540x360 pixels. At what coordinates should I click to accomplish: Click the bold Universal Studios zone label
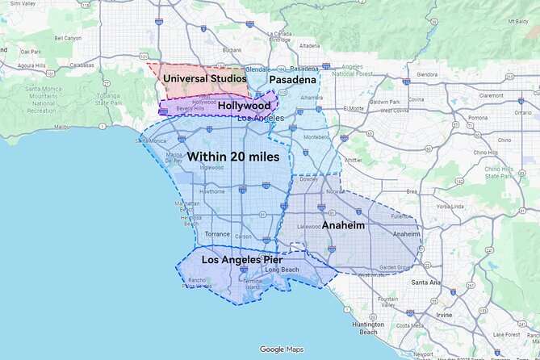pyautogui.click(x=203, y=79)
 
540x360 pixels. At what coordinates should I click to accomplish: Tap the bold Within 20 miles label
pyautogui.click(x=233, y=156)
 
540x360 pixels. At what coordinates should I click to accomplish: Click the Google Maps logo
pyautogui.click(x=282, y=350)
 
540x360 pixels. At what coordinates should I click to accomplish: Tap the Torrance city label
pyautogui.click(x=217, y=234)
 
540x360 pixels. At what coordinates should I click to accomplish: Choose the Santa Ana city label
pyautogui.click(x=425, y=283)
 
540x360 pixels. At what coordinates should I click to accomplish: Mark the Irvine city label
pyautogui.click(x=444, y=315)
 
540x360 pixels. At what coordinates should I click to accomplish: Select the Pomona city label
pyautogui.click(x=478, y=117)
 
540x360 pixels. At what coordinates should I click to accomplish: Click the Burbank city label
pyautogui.click(x=232, y=50)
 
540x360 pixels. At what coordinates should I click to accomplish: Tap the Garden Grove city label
pyautogui.click(x=396, y=267)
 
